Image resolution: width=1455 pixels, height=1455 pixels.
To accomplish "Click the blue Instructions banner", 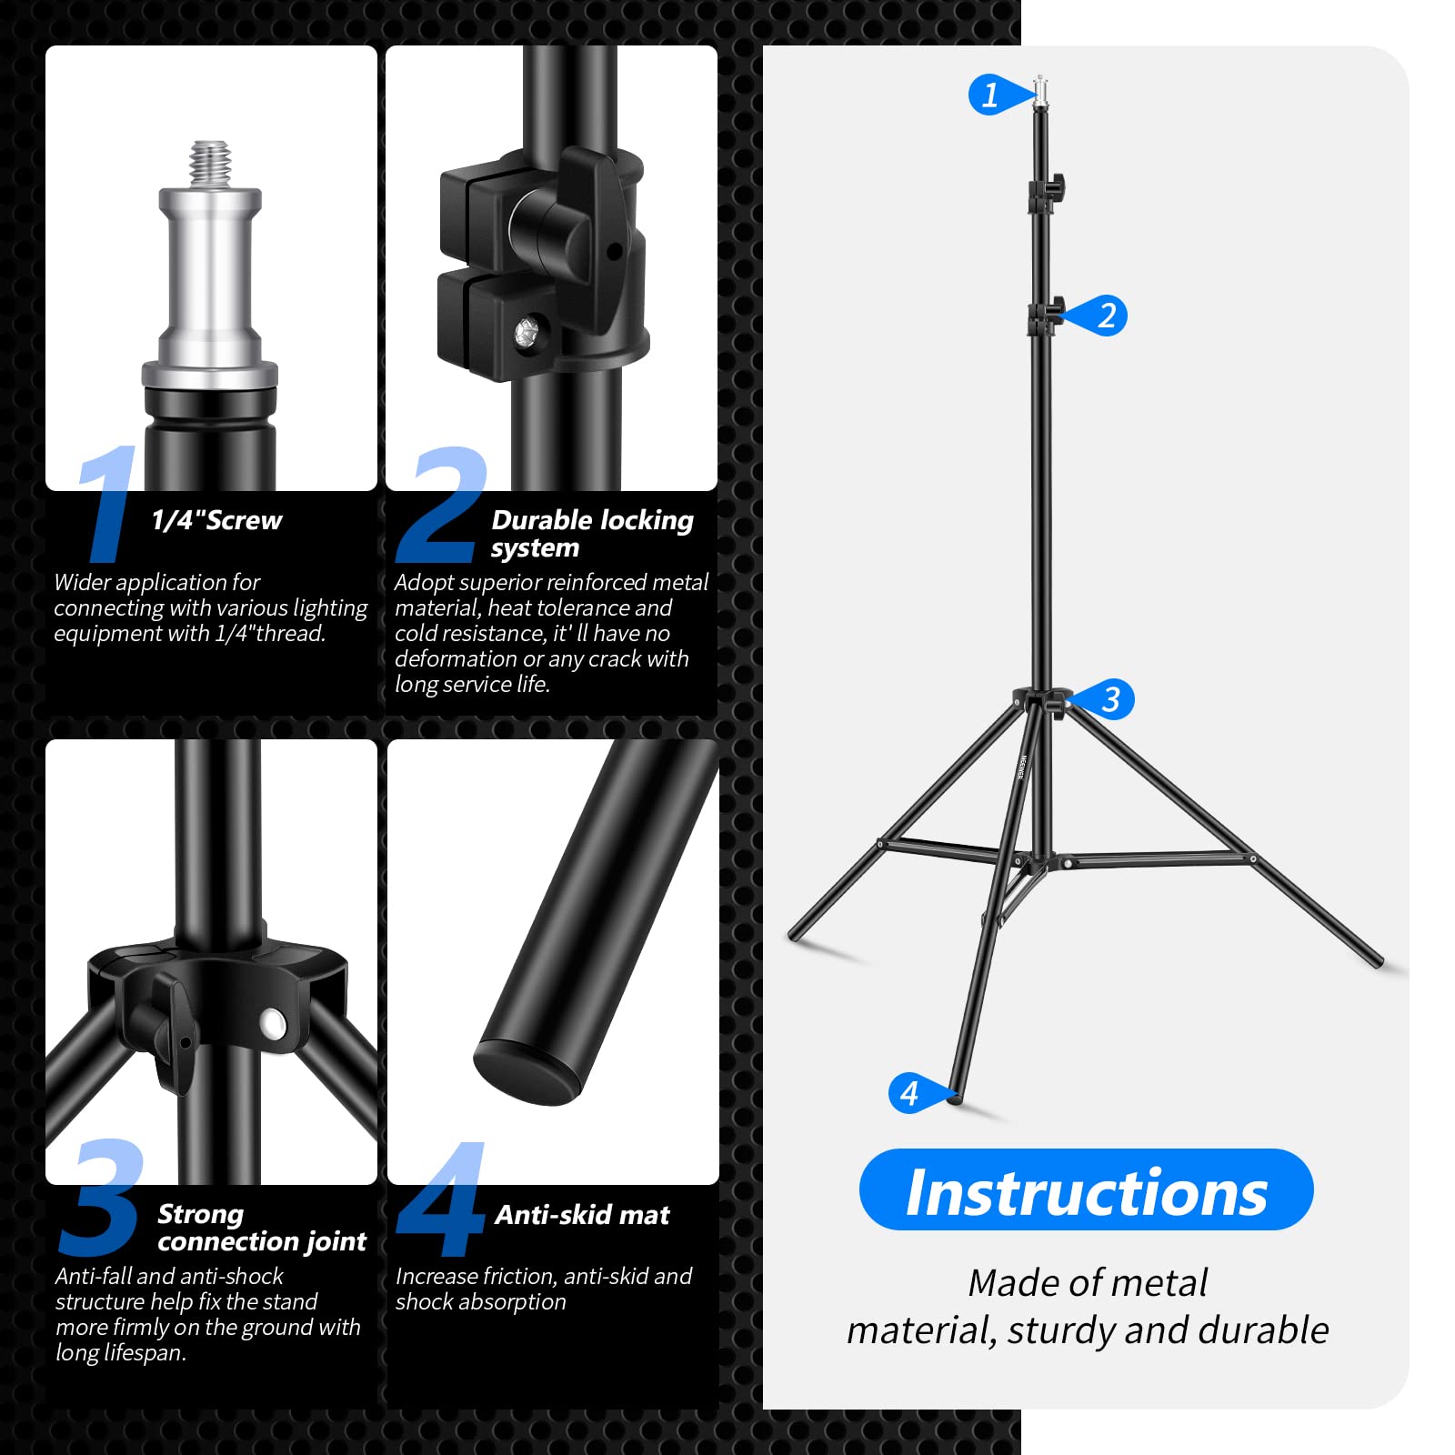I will [x=1086, y=1190].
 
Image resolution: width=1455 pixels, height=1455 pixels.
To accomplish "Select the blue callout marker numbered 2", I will [x=1104, y=316].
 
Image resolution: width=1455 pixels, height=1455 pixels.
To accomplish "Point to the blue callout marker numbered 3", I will [x=1109, y=699].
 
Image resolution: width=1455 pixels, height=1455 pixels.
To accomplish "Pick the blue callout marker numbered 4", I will [x=912, y=1093].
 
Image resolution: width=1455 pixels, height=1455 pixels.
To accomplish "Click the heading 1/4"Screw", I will [x=216, y=520].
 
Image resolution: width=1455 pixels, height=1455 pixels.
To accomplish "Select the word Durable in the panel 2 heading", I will [x=542, y=520].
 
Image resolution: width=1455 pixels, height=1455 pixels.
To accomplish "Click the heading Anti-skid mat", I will [x=582, y=1215].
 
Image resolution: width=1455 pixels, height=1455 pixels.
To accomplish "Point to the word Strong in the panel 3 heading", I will [x=200, y=1214].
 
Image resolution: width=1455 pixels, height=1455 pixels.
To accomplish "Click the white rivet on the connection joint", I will [x=272, y=1024].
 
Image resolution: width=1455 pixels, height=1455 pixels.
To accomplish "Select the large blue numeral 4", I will [x=441, y=1200].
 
